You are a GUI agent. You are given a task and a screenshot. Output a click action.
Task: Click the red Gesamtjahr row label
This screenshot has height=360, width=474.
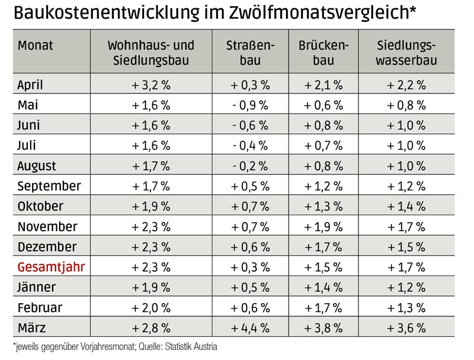(x=52, y=267)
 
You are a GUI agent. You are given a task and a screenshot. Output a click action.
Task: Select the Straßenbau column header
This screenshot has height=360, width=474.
(x=249, y=53)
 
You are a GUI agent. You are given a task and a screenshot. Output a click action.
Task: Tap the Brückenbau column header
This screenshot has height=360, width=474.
(x=324, y=53)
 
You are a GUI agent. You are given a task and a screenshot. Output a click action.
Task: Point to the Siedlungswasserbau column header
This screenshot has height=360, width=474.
(x=406, y=53)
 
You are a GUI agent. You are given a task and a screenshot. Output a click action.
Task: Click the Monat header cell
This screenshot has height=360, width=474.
(x=35, y=46)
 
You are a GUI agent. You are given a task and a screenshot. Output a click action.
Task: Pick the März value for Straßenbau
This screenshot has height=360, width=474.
(x=249, y=327)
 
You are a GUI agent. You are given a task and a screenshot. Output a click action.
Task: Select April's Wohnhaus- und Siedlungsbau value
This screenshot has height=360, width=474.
(x=150, y=85)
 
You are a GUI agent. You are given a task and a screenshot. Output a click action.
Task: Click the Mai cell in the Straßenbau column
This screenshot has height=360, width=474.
(x=249, y=105)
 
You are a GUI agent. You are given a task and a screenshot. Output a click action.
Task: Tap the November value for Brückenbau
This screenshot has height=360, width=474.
(x=324, y=227)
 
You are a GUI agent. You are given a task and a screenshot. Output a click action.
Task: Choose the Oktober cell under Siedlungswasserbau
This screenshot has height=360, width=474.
(x=406, y=206)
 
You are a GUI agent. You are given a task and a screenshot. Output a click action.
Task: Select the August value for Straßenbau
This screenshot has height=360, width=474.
(x=249, y=165)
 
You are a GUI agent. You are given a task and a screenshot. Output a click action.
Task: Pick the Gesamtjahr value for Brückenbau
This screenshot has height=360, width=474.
(x=324, y=267)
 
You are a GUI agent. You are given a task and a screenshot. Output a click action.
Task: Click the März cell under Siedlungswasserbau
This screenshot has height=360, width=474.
(x=406, y=327)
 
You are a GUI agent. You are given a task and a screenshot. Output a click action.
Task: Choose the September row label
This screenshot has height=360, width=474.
(x=49, y=186)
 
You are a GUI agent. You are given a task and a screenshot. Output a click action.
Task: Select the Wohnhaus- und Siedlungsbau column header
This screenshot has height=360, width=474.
(x=150, y=53)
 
